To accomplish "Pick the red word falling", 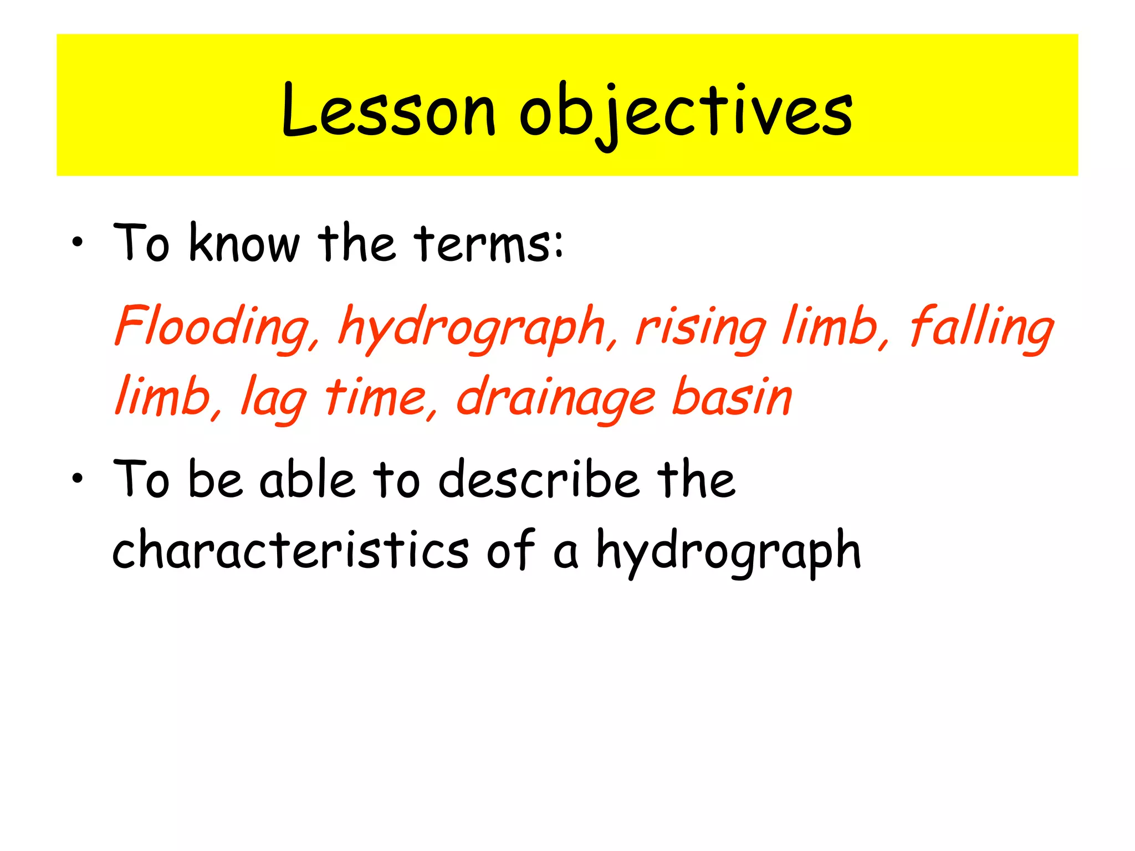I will (981, 327).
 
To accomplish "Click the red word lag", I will (274, 398).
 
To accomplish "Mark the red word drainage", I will (556, 398).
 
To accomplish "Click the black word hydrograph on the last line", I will (728, 551).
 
